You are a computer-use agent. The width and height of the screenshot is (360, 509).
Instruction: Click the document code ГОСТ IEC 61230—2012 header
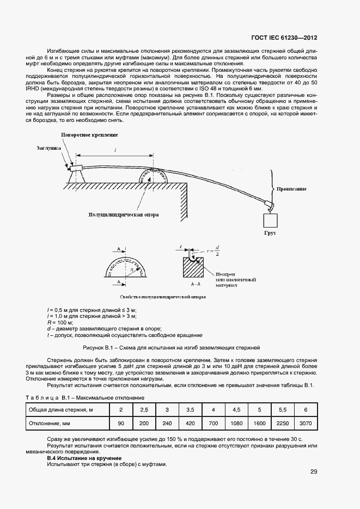pos(284,39)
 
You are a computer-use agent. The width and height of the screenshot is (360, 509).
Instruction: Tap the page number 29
pos(313,471)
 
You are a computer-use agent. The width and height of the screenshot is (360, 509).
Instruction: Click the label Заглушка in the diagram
pos(49,148)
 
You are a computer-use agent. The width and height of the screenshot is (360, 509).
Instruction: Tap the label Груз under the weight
pos(271,232)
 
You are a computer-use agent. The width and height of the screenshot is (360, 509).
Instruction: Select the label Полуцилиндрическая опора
pos(124,215)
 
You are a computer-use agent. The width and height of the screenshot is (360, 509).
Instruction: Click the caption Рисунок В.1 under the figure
pos(172,347)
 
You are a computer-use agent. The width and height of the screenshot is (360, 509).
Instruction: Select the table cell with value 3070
pos(305,423)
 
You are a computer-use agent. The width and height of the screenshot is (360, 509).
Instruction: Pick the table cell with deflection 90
pos(121,423)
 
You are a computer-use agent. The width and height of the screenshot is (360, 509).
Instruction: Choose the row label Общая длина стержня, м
pos(60,409)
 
